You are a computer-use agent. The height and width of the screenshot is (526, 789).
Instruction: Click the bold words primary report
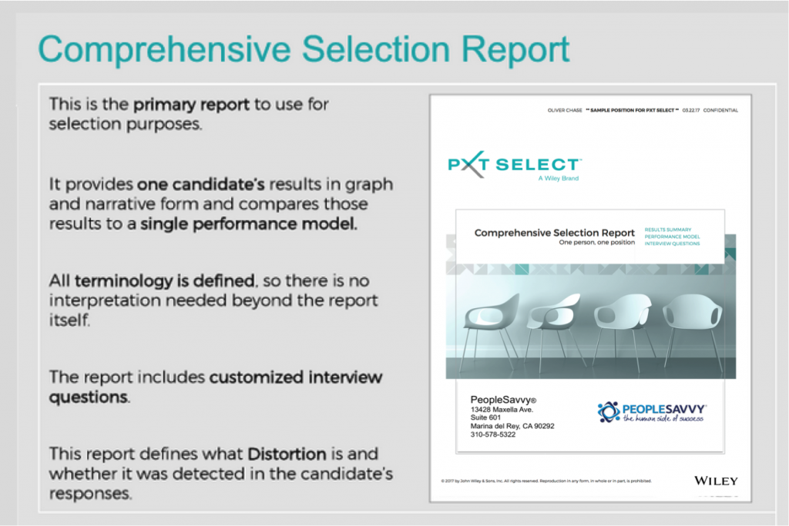click(x=191, y=104)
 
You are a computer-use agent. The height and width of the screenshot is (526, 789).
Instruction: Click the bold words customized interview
click(x=296, y=377)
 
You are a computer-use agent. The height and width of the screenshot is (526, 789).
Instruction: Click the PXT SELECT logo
click(x=515, y=165)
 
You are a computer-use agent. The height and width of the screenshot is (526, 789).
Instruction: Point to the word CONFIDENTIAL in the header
click(x=721, y=110)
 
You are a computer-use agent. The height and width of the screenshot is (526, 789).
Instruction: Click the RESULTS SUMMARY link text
click(x=669, y=229)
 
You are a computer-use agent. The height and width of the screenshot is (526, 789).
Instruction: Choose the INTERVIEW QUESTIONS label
click(x=672, y=243)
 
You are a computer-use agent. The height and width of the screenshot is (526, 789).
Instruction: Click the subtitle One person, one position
click(x=597, y=243)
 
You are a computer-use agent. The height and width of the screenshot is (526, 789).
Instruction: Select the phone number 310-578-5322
click(x=493, y=434)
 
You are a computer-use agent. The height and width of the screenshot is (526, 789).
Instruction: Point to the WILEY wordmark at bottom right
click(x=716, y=481)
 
